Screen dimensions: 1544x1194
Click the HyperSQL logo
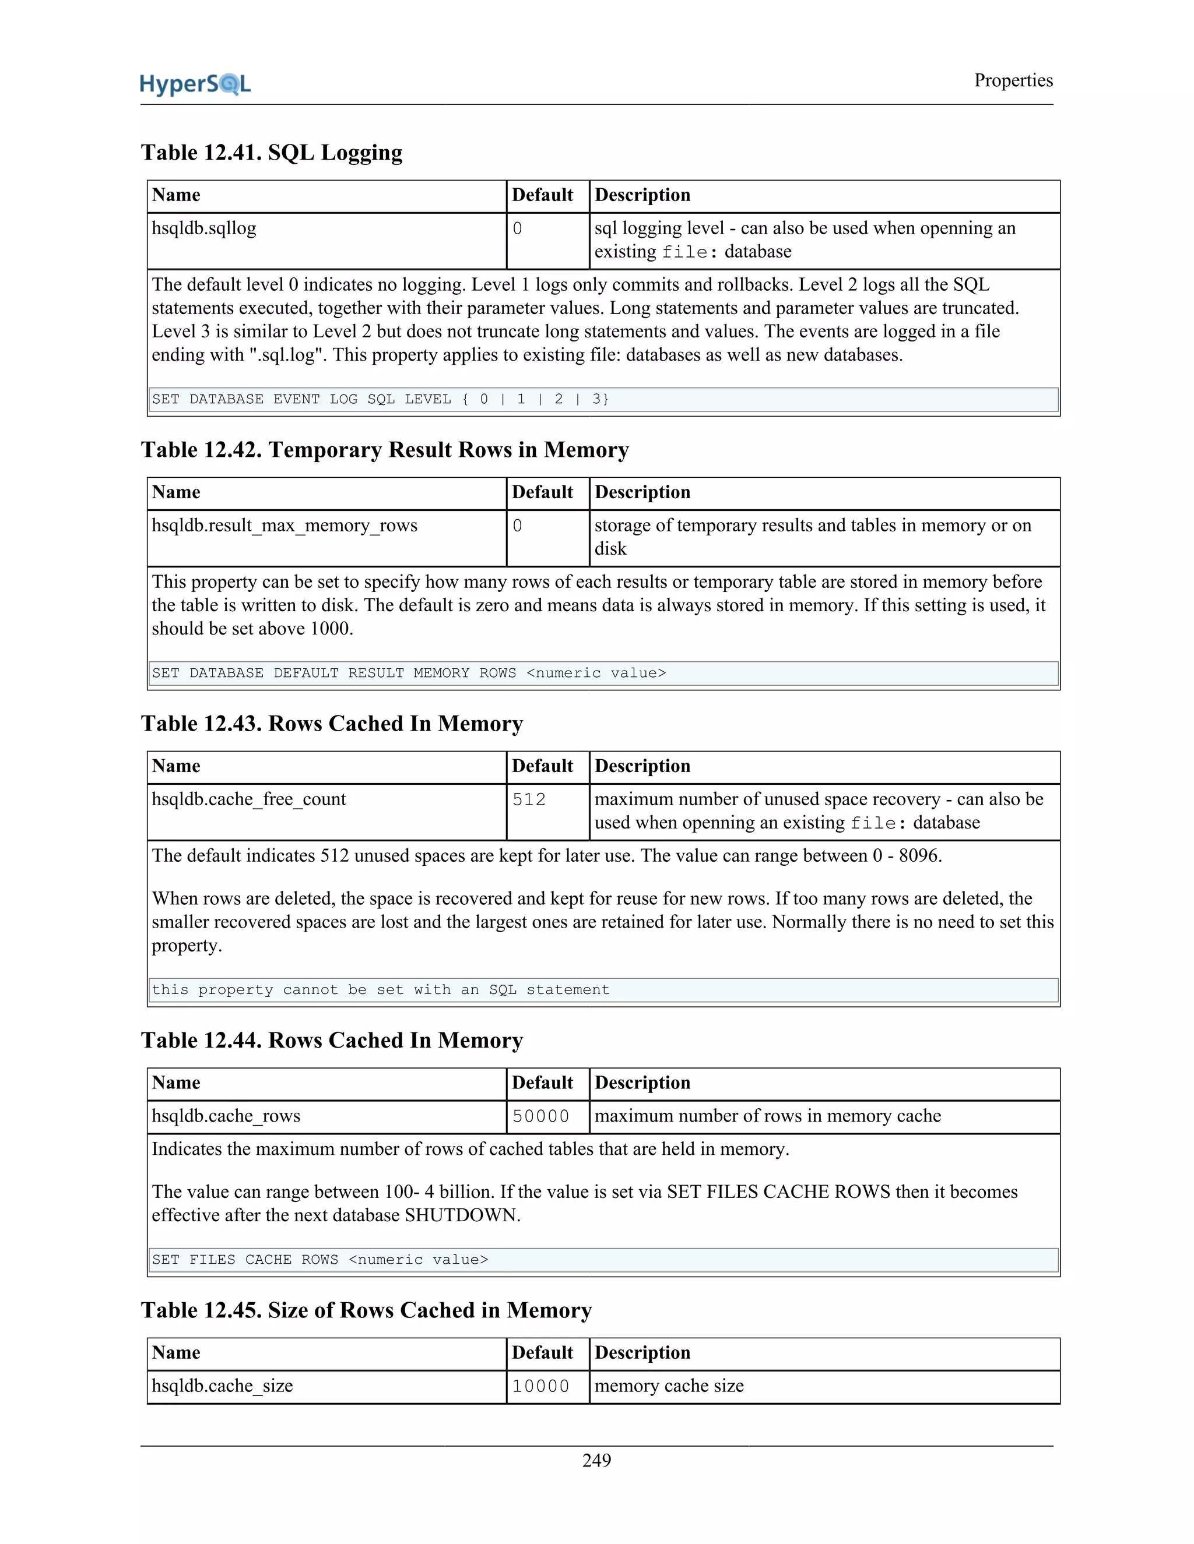(195, 84)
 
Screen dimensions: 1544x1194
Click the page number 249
(596, 1460)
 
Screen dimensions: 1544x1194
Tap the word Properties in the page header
(1013, 80)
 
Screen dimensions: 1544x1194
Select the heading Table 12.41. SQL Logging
(272, 153)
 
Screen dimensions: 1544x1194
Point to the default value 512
(529, 799)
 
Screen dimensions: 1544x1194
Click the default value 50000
(540, 1116)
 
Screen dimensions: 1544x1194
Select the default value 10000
(540, 1386)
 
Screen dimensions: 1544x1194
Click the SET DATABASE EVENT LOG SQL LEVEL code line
(381, 400)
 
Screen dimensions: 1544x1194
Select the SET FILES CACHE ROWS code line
(319, 1260)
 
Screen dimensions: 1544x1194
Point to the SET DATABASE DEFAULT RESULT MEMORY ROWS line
(409, 673)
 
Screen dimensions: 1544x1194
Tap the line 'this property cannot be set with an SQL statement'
(381, 990)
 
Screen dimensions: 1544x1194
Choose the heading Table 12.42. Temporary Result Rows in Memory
(385, 450)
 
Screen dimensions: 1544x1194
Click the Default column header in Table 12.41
(543, 195)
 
